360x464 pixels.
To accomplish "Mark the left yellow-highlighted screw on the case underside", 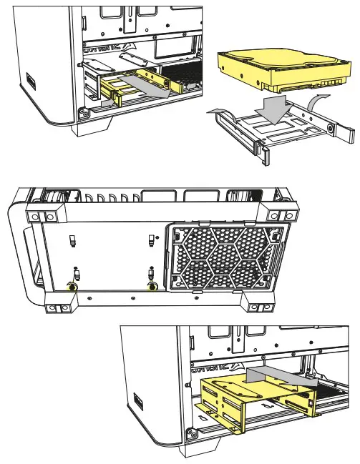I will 72,287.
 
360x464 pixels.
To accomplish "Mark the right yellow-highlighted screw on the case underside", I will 152,287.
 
